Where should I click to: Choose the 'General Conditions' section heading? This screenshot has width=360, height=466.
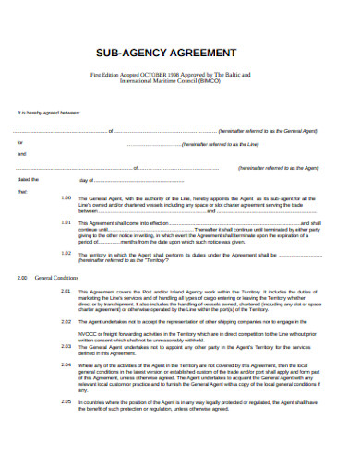54,277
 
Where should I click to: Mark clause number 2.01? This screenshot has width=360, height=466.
66,290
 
